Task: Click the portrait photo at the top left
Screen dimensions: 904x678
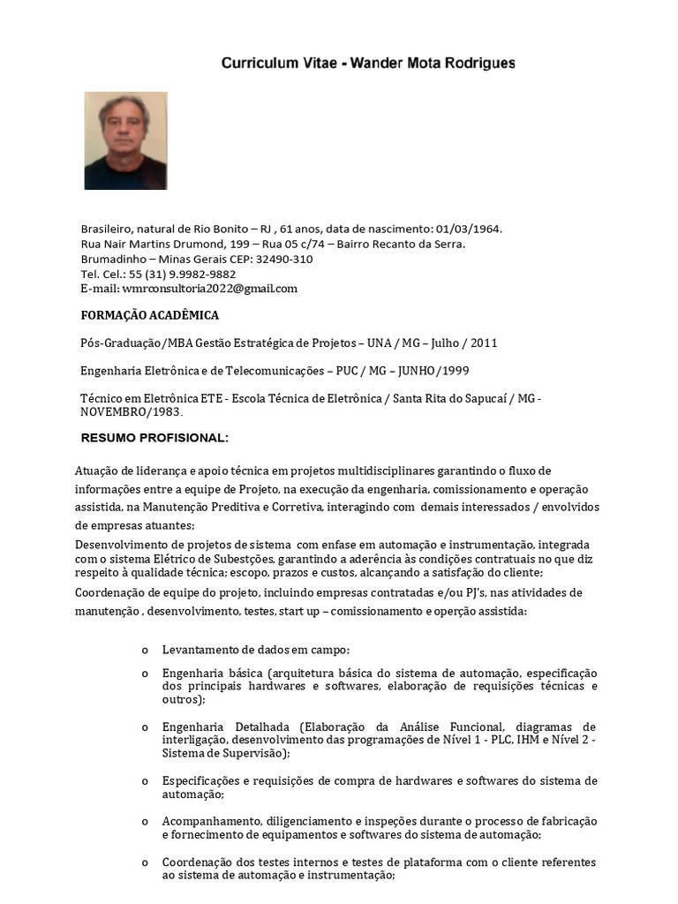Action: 125,140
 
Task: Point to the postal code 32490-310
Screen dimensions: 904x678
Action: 284,259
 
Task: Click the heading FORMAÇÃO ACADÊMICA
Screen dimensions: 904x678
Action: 150,316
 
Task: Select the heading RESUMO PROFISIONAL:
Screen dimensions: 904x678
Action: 154,439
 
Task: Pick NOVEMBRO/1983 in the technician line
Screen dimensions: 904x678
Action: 131,411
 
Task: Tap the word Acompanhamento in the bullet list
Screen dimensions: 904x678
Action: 207,821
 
